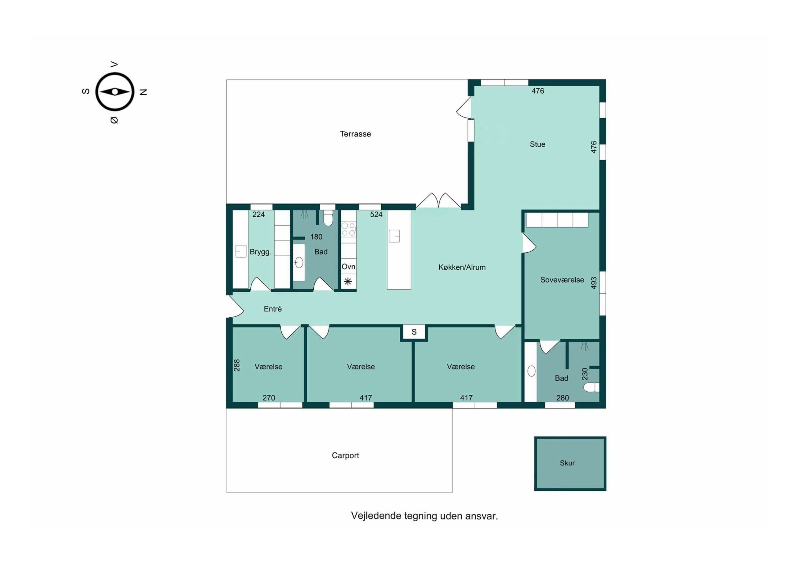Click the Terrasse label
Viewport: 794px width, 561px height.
[x=355, y=134]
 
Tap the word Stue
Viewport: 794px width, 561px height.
[x=537, y=144]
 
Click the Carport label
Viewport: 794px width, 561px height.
[x=345, y=455]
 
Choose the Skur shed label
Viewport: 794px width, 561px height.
[x=567, y=463]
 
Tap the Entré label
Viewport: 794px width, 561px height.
[x=273, y=309]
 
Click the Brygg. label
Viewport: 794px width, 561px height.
[x=260, y=252]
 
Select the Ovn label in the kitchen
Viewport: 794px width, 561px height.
[x=348, y=267]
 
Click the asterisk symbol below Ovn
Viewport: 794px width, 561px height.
[x=348, y=282]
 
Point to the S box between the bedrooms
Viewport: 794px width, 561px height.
[x=414, y=332]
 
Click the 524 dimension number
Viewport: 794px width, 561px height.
[x=376, y=214]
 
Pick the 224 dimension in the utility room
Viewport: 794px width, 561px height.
[x=258, y=214]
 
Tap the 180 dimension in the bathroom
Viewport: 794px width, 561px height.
[x=316, y=237]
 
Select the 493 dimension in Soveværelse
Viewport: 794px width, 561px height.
[x=594, y=283]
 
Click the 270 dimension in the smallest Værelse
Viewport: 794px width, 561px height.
[x=269, y=398]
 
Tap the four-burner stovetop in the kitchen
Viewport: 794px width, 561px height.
[x=348, y=229]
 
